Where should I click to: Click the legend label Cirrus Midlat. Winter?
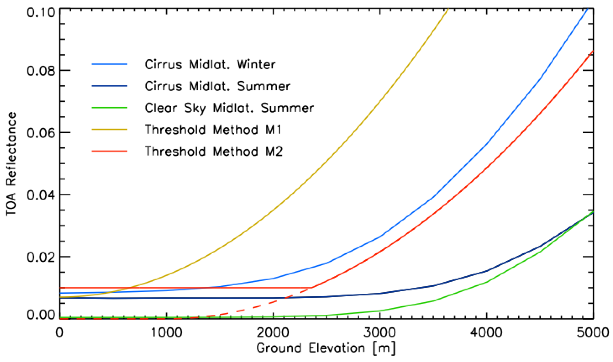(x=210, y=65)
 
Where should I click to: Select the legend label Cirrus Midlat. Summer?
(x=217, y=86)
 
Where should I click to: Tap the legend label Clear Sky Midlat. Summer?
(x=229, y=108)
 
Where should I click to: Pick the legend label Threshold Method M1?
(x=213, y=130)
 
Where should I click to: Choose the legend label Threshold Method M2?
(x=214, y=151)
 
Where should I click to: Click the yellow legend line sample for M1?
(x=109, y=130)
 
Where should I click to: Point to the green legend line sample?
(x=109, y=108)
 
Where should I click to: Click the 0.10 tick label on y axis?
(x=41, y=12)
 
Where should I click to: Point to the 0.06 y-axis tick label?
(x=41, y=133)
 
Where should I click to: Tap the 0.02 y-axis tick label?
(x=41, y=257)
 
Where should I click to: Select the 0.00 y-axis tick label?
(x=41, y=315)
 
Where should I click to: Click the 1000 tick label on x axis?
(x=166, y=333)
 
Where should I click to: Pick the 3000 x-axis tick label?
(x=380, y=333)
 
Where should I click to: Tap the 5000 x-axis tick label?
(x=593, y=333)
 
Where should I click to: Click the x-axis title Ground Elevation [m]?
(x=326, y=348)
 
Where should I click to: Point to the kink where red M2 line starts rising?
(x=312, y=288)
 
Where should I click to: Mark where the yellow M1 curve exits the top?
(x=448, y=9)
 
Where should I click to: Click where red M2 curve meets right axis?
(x=593, y=51)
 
